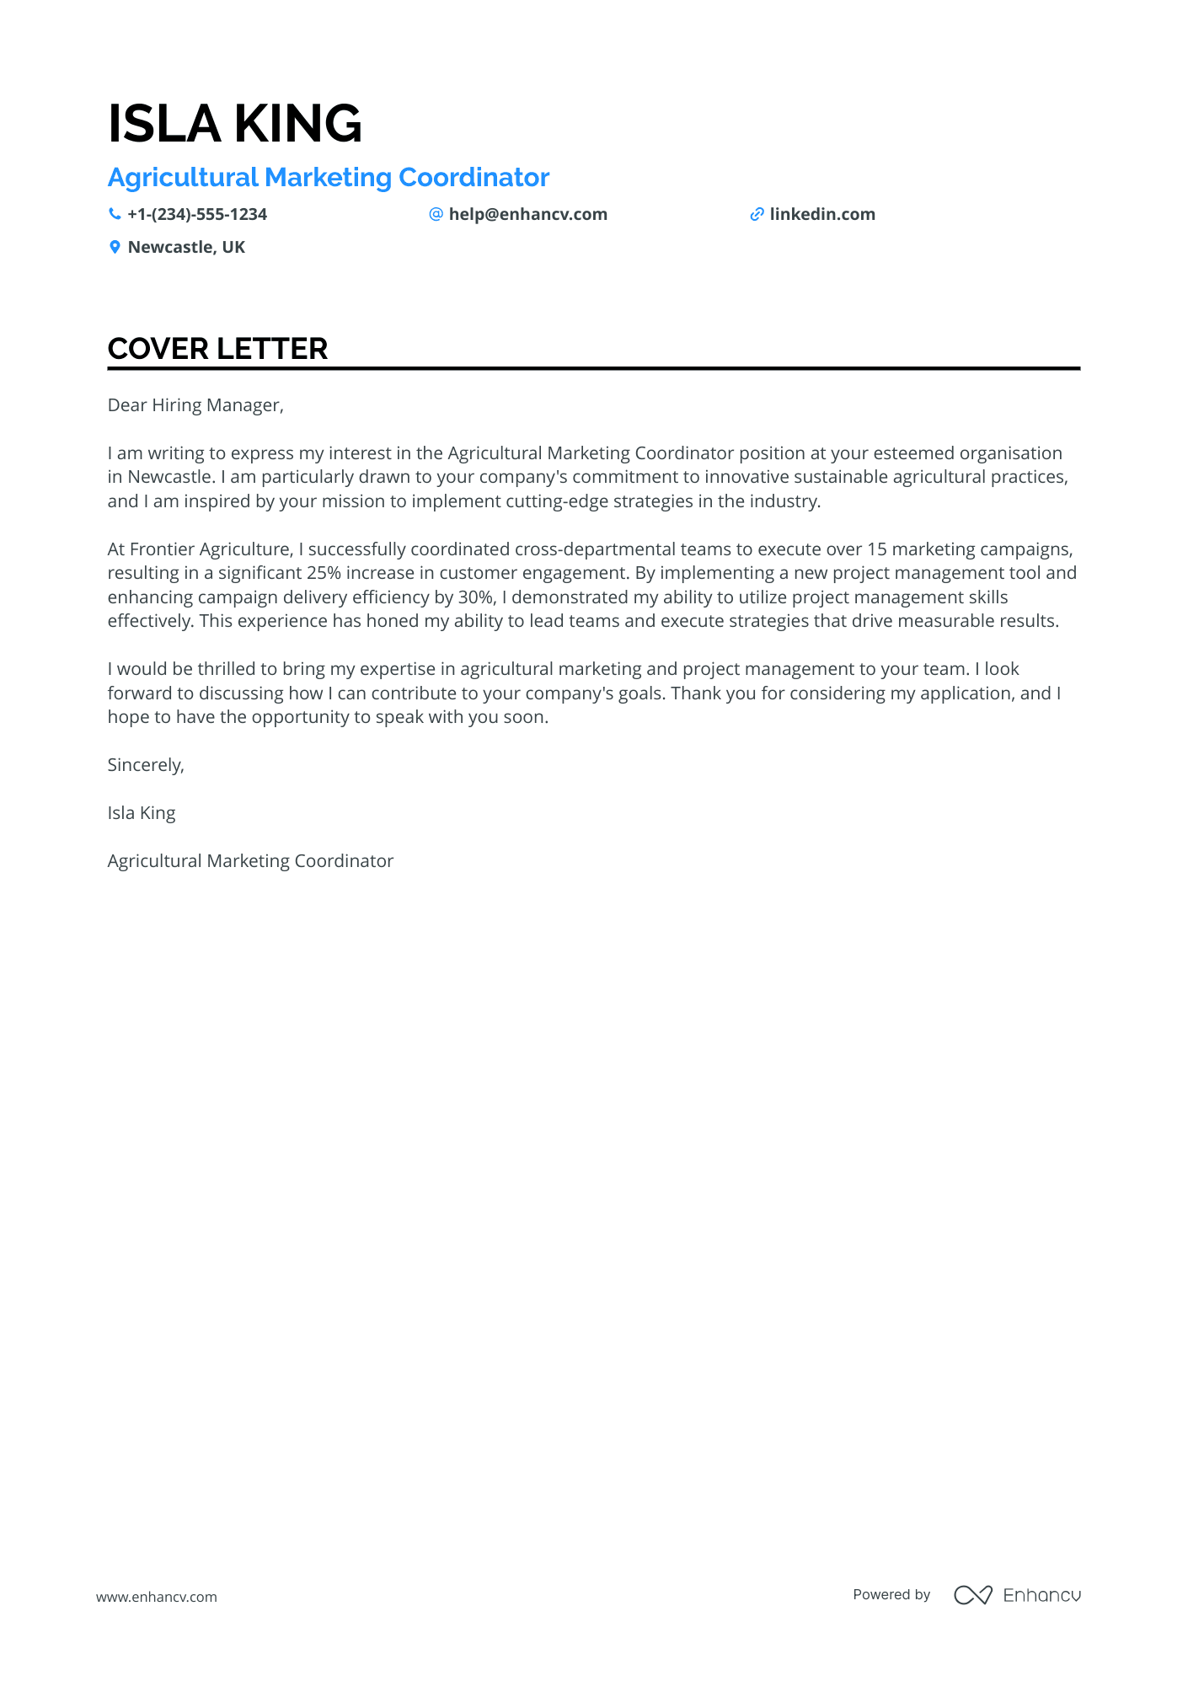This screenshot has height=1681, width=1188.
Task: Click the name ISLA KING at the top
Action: [235, 124]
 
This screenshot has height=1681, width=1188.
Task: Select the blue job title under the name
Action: [329, 178]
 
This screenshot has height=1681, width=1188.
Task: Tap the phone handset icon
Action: [115, 214]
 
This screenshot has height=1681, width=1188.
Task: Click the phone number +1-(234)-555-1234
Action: [197, 215]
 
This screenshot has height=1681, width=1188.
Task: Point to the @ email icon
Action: [436, 214]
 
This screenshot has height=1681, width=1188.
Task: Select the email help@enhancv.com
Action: [527, 215]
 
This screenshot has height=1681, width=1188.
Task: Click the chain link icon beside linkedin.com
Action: [757, 215]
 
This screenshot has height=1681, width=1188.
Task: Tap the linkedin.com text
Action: [822, 215]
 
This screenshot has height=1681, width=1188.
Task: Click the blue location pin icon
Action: [115, 248]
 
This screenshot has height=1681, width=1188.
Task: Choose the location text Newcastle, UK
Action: [186, 248]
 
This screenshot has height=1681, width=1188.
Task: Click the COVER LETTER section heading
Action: [217, 349]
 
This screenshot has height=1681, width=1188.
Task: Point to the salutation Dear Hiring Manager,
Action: [195, 405]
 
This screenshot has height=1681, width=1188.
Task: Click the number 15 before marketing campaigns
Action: [876, 549]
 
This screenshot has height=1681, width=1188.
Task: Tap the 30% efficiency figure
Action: [474, 597]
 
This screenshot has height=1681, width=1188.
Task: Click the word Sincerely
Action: [145, 765]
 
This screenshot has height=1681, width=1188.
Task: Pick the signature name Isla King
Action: [142, 813]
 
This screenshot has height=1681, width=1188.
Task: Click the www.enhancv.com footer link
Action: [157, 1597]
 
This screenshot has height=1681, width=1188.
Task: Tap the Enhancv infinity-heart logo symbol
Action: [972, 1595]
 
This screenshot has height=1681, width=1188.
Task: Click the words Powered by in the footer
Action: [891, 1594]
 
